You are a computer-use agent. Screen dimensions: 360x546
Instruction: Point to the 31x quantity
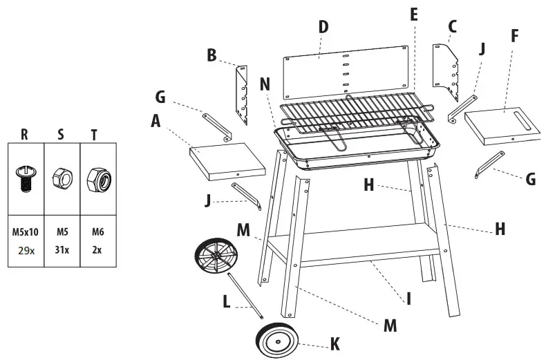point(62,250)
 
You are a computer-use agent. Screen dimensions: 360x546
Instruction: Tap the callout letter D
point(323,27)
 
